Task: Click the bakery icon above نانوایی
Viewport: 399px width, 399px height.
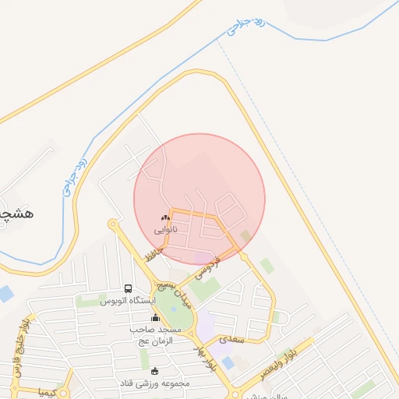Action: (x=164, y=218)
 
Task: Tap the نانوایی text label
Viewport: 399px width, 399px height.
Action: (x=164, y=230)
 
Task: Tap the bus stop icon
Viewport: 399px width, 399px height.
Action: (x=128, y=288)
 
